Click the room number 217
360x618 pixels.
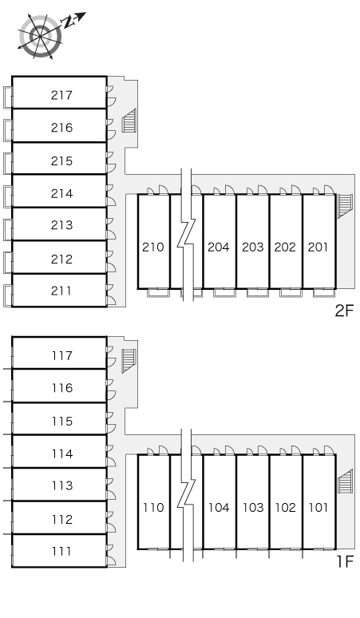tap(61, 95)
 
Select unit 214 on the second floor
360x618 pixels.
tap(61, 193)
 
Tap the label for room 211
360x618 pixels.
tap(61, 291)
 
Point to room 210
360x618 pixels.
tap(152, 248)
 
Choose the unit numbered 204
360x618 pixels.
tap(218, 248)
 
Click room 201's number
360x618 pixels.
tap(318, 248)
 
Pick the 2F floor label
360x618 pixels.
tap(344, 311)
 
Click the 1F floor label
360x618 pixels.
tap(345, 561)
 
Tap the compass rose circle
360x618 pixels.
tap(41, 36)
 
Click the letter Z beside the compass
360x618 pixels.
tap(69, 23)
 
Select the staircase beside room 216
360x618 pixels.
tap(129, 121)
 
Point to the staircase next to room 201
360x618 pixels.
tap(345, 205)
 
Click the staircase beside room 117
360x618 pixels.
tap(129, 361)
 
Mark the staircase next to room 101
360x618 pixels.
tap(345, 481)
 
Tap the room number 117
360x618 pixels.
tap(62, 355)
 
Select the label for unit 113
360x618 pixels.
tap(62, 485)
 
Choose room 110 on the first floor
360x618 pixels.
tap(153, 507)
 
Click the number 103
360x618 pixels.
tap(253, 507)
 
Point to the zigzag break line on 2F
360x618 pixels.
tap(186, 235)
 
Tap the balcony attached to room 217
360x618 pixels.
tap(8, 97)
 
